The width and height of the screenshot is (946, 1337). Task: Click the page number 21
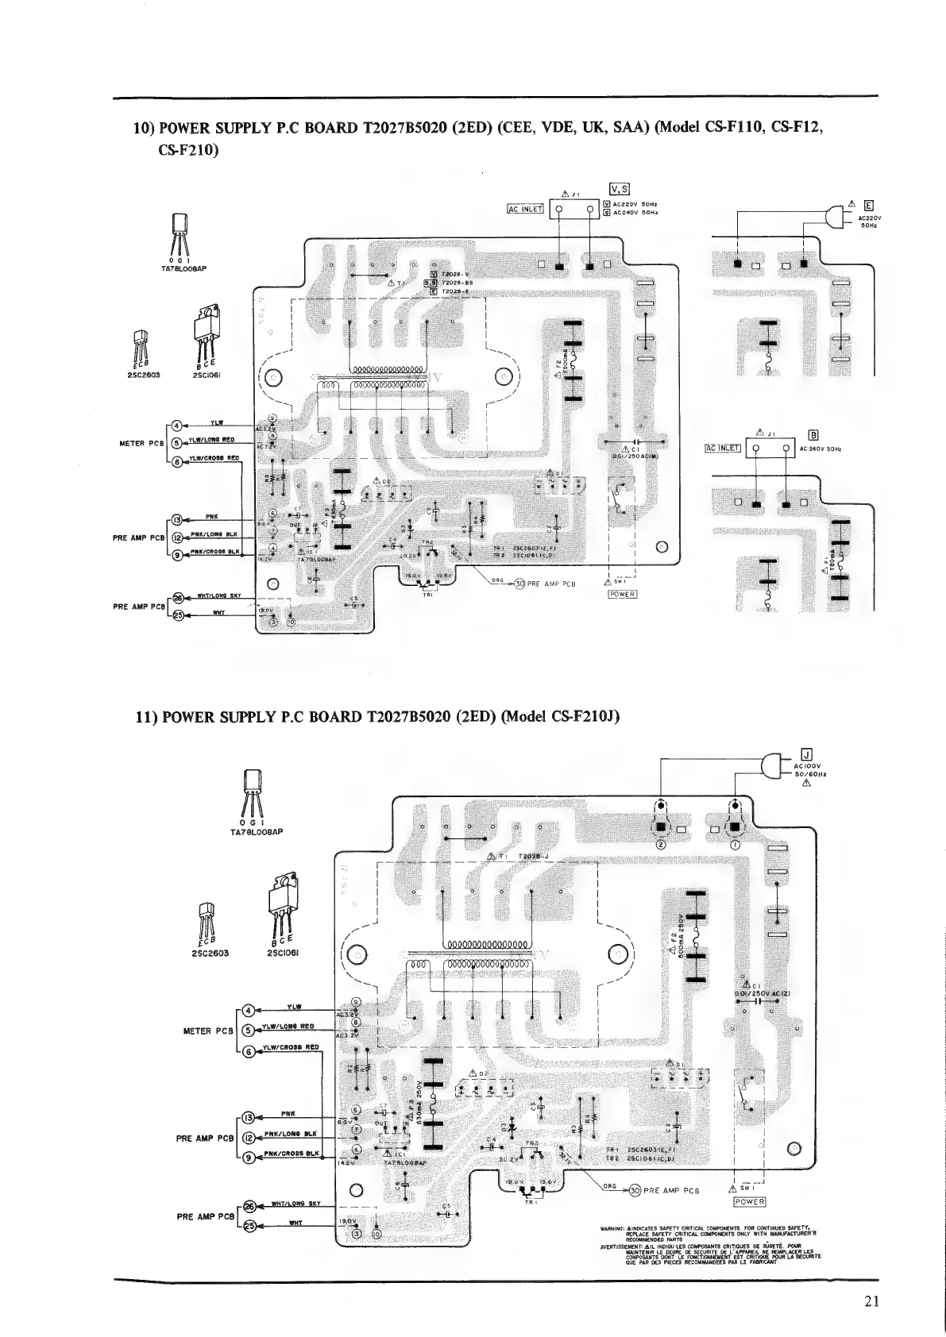[871, 1300]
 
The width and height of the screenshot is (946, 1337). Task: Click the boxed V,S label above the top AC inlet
[619, 188]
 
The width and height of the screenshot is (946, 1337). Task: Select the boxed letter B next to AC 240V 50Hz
[813, 433]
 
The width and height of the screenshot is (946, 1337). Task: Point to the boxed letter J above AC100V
[805, 754]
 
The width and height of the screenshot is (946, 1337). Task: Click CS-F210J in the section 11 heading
[584, 717]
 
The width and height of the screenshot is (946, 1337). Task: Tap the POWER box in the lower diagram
[749, 1201]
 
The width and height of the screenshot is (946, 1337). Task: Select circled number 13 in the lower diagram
[248, 1116]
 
